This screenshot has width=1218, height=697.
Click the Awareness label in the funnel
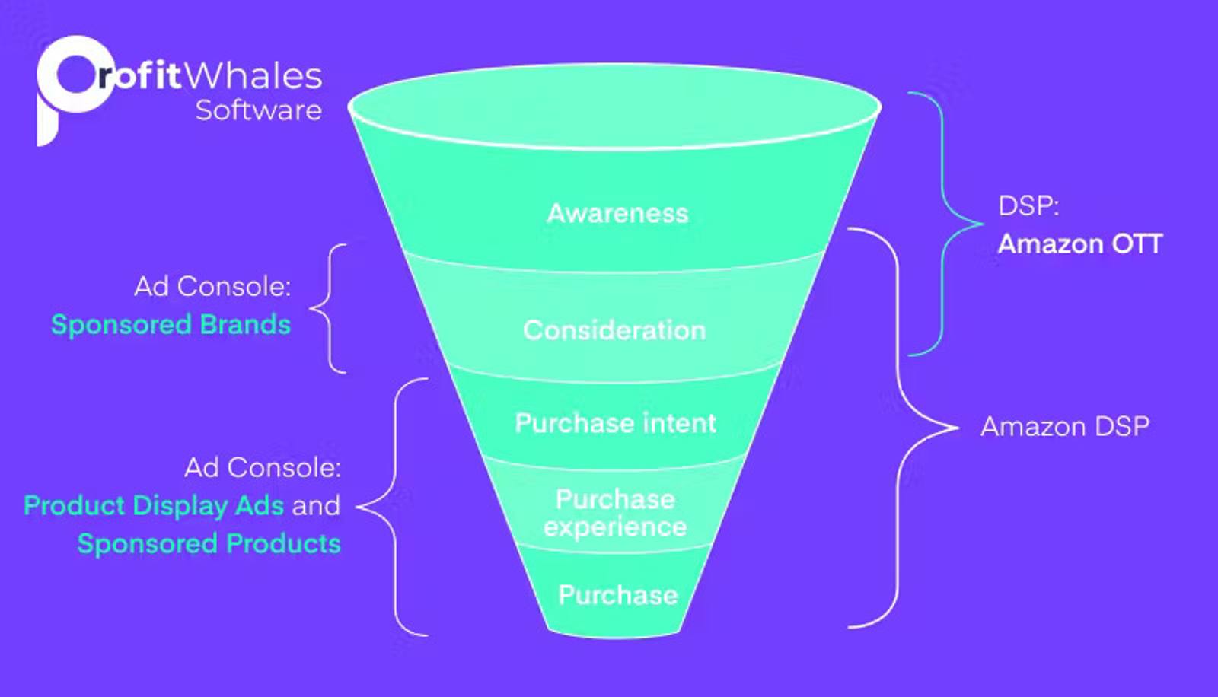[x=617, y=213]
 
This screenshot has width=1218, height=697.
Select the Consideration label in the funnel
[x=614, y=330]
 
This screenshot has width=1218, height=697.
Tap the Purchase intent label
[x=615, y=423]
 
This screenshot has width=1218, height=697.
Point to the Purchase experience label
[x=615, y=513]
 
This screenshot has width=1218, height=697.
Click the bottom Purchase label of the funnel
[x=617, y=595]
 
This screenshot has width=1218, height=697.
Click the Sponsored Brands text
[x=171, y=325]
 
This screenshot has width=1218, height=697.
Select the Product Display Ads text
[x=154, y=506]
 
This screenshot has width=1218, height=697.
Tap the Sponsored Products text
[x=209, y=544]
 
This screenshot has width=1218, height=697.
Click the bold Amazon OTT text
[x=1079, y=244]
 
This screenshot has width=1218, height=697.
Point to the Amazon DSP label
[x=1064, y=427]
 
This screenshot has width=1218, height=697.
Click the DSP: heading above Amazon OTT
[x=1028, y=206]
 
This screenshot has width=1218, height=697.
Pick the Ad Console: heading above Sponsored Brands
[x=212, y=287]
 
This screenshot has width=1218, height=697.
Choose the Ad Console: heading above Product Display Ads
[x=263, y=468]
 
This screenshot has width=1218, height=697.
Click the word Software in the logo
[x=258, y=110]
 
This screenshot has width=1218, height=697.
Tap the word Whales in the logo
[x=253, y=76]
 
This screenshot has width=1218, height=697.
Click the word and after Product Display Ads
[x=316, y=506]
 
